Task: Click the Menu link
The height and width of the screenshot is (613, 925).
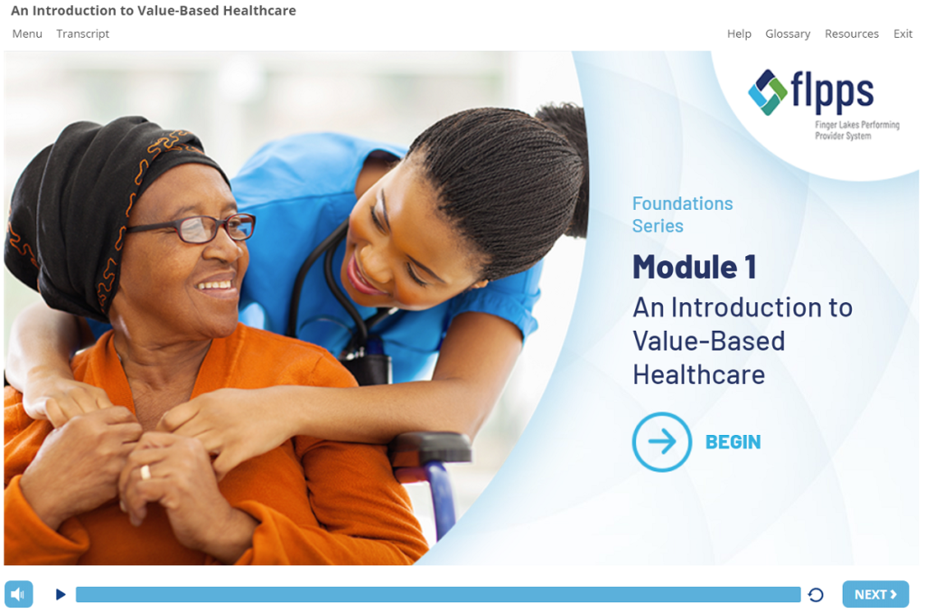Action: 27,33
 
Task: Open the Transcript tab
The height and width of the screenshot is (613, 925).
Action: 82,33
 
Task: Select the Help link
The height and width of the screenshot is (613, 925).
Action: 739,33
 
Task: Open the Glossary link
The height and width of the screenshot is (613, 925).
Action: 788,33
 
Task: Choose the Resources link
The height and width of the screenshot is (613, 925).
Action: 851,33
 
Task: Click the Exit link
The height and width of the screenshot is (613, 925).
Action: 902,33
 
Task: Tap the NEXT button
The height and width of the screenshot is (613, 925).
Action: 875,594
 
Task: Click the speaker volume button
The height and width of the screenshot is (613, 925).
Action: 19,594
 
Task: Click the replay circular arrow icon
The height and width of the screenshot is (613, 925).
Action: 816,595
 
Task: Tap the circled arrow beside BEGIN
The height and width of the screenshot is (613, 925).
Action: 662,442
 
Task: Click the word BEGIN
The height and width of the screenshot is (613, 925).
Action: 733,442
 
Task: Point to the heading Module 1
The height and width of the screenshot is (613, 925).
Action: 695,267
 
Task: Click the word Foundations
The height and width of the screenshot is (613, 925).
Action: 683,203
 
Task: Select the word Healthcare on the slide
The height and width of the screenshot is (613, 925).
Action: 699,375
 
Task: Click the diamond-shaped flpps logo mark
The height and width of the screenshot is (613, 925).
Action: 768,92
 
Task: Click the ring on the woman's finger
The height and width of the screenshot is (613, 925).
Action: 145,472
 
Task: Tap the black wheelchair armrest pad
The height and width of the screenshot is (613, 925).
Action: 430,447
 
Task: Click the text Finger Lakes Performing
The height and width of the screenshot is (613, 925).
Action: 857,125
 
